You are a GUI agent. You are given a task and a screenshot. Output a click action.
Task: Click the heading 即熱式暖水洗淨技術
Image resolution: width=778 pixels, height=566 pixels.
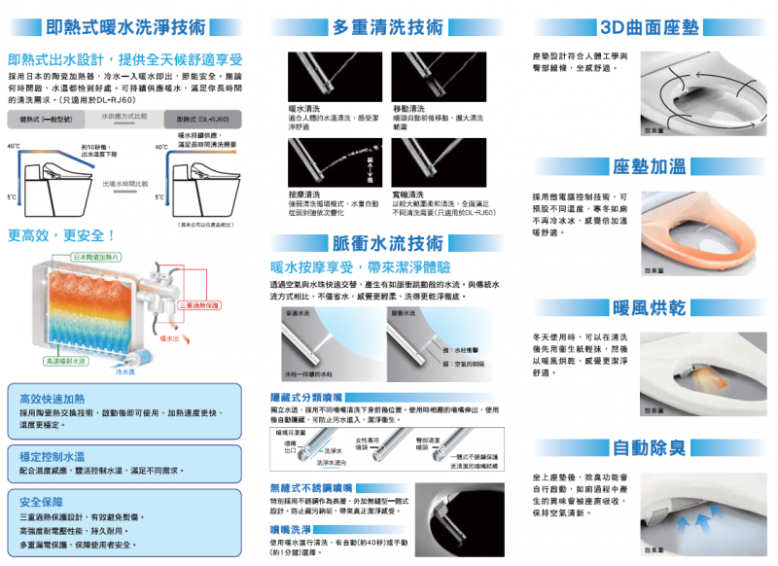pos(126,26)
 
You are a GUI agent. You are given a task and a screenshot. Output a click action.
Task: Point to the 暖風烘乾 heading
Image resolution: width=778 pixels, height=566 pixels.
pos(649,308)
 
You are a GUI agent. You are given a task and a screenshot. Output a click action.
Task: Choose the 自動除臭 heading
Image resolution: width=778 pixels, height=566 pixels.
pos(649,448)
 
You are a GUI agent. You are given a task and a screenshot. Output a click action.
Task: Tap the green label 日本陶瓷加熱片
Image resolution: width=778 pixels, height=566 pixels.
pos(96,257)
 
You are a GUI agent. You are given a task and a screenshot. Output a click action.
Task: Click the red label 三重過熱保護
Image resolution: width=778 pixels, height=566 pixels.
pos(198,305)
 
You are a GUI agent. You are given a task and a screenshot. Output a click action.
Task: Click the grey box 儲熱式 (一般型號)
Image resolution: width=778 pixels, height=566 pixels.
pos(46,120)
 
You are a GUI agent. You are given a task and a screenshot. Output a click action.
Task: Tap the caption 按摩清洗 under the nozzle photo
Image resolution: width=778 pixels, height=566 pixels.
pos(305,195)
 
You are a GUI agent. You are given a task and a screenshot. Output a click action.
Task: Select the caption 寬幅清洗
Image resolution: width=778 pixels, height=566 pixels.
pos(407,195)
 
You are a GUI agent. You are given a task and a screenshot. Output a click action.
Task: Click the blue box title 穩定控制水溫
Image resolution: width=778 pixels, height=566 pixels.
pos(51,455)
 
